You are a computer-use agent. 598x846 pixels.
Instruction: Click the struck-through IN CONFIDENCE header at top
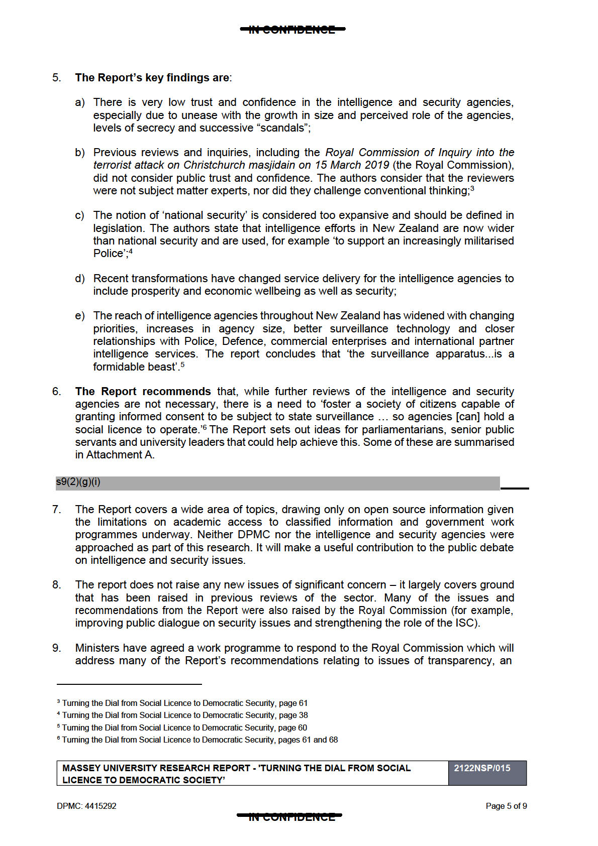(x=292, y=30)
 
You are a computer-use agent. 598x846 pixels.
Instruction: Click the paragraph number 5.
(x=56, y=78)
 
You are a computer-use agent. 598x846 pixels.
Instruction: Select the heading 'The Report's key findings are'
(x=152, y=78)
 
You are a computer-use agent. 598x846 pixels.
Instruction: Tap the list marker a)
(x=79, y=103)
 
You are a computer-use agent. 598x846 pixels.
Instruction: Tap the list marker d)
(x=79, y=279)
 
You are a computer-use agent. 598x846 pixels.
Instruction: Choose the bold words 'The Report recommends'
(x=143, y=392)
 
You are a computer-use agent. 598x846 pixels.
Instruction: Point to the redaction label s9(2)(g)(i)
(x=78, y=482)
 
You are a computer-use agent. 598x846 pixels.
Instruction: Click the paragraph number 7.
(x=56, y=510)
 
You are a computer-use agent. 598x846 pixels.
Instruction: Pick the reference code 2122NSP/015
(x=482, y=768)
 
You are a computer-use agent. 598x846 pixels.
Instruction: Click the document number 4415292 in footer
(x=101, y=806)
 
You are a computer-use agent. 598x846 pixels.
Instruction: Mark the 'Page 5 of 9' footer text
(x=506, y=806)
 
